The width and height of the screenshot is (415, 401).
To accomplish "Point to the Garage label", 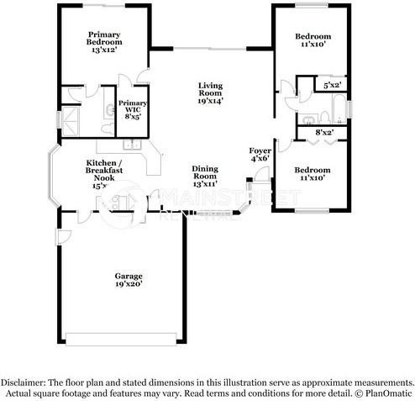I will (x=129, y=277).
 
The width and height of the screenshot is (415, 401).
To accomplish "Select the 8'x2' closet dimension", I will (x=323, y=132).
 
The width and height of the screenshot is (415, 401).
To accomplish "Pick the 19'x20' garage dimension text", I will (x=129, y=285).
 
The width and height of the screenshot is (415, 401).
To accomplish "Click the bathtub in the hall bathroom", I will (x=339, y=108).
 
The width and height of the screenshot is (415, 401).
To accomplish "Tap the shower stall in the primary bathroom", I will (x=74, y=118).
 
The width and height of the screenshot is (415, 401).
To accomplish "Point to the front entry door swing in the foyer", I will (x=262, y=174).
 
